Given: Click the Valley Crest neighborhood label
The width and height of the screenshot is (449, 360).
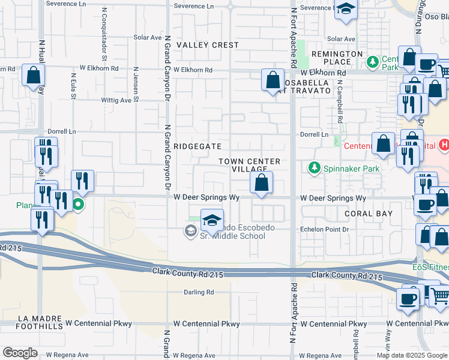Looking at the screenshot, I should click(x=208, y=45).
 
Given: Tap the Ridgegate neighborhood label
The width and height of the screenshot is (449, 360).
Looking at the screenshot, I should click(x=197, y=146).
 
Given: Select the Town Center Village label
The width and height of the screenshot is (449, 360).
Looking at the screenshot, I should click(x=249, y=165).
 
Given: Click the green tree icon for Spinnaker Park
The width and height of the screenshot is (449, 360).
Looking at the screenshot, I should click(x=313, y=167).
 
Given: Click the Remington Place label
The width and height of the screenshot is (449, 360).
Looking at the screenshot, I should click(x=337, y=58).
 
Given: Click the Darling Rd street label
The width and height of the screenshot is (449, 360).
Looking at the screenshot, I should click(x=199, y=292).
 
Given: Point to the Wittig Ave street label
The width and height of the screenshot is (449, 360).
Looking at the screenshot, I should click(x=116, y=100).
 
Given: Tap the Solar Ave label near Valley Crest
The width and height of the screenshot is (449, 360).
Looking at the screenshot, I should click(x=148, y=37).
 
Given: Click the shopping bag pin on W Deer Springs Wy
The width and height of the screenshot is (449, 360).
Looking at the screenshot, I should click(x=261, y=183).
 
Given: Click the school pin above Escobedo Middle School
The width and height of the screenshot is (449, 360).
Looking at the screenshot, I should click(x=211, y=221).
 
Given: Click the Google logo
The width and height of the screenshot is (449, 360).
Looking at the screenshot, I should click(x=20, y=353).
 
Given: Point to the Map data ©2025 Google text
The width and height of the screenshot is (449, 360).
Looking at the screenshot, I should click(x=411, y=355).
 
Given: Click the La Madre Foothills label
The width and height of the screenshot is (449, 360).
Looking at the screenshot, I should click(x=31, y=322).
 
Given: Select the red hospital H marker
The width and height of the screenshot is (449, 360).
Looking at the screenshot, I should click(x=444, y=145).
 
